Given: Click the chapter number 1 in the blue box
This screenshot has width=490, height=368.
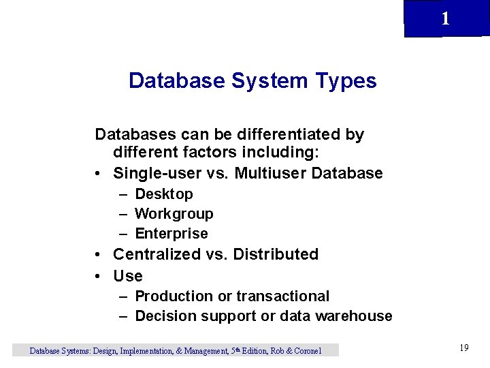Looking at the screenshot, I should click(x=445, y=19).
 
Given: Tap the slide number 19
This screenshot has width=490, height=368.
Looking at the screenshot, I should click(x=464, y=348).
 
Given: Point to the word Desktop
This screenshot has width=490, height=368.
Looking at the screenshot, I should click(x=164, y=194).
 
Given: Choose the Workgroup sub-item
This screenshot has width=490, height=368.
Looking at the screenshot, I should click(x=174, y=214).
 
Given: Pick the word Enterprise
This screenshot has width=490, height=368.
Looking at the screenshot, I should click(x=171, y=234).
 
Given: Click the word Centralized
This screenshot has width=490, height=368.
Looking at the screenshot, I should click(x=157, y=254).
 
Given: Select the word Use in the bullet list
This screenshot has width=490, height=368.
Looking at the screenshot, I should click(x=128, y=276).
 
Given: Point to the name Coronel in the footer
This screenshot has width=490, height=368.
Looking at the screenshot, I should click(x=306, y=351).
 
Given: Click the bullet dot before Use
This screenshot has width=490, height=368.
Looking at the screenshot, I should click(x=99, y=276).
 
